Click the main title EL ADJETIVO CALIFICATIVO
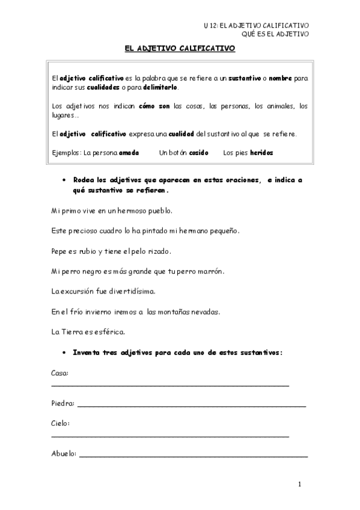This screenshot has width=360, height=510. pos(180,52)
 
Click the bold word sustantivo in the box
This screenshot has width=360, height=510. pos(244,78)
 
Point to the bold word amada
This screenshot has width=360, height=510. pos(129,153)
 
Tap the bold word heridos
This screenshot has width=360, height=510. pos(261,153)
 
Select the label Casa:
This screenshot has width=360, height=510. pos(60,373)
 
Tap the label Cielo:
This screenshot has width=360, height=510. pos(61,423)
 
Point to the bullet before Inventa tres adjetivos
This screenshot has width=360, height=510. pos(64,352)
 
